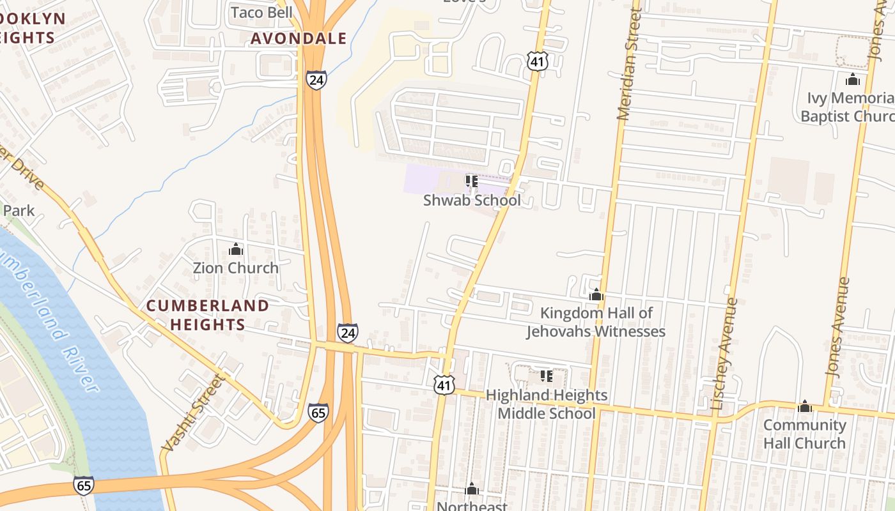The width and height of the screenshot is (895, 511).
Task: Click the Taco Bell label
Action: coord(261,12)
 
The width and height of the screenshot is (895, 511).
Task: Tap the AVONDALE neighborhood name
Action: coord(299,38)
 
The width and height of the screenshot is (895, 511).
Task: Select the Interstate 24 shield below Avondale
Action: coord(315,80)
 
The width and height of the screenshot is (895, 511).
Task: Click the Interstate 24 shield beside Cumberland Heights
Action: coord(347,333)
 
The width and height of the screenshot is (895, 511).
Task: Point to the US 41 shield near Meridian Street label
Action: coord(537,61)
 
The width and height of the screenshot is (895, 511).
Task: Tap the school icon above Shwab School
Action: coord(472,182)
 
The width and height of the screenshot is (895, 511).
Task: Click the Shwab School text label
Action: coord(472,200)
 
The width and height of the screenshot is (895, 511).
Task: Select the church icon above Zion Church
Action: coord(236,249)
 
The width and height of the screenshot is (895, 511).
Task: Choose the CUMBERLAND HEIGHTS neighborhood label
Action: coord(208,315)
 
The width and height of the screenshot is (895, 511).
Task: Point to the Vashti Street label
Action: coord(193,412)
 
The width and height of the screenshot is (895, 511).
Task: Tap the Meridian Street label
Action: coord(628,64)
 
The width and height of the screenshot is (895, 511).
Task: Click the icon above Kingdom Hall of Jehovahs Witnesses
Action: coord(596,295)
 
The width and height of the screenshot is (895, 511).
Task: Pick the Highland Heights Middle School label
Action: coord(547,404)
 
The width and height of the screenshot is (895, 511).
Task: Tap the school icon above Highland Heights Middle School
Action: coord(547,376)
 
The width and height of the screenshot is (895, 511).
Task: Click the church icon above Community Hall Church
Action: coord(804,406)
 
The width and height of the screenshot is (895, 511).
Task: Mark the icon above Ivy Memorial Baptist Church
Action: coord(852,80)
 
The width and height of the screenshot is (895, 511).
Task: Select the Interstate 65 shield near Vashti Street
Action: coord(318,413)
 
